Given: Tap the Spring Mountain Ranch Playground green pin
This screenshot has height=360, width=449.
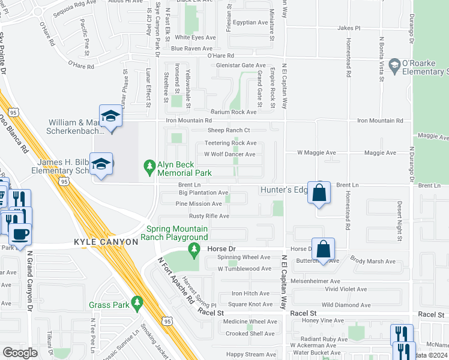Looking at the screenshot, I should (193, 248).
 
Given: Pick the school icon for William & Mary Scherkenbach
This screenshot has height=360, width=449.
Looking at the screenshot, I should (110, 116).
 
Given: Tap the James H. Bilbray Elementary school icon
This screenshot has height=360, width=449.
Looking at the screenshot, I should (101, 164).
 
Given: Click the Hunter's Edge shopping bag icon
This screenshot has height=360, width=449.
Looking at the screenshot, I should (319, 193).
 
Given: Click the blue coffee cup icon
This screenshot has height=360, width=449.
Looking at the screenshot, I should (20, 233).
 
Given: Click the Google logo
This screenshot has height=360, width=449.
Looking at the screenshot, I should (20, 352).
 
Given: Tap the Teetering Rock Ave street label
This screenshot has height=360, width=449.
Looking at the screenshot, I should (231, 143).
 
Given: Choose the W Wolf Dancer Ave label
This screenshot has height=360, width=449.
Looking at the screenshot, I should (229, 154).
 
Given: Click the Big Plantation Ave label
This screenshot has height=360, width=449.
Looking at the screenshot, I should (203, 193).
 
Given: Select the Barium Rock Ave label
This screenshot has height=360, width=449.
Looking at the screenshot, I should (234, 112).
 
